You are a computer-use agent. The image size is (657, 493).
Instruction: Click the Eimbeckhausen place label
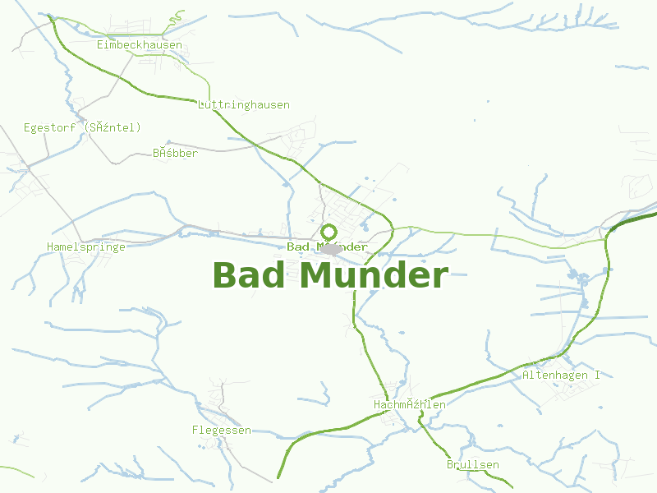tap(140, 45)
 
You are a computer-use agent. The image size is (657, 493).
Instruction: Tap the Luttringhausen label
tap(244, 105)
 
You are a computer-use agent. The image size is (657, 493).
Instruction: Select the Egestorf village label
tap(82, 127)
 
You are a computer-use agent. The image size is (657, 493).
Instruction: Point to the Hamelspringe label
tap(86, 246)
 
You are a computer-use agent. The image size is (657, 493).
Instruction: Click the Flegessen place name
tap(222, 431)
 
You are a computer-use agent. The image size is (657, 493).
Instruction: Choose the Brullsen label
tap(473, 465)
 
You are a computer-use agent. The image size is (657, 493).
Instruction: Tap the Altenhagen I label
tap(562, 375)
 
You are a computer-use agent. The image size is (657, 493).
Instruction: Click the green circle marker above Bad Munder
tap(328, 232)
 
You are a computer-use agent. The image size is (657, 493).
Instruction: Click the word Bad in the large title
tap(250, 275)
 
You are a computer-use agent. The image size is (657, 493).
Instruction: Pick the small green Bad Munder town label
tap(327, 247)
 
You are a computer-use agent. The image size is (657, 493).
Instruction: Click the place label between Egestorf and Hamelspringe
tap(176, 153)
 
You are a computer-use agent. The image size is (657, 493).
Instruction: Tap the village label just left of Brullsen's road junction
tap(409, 405)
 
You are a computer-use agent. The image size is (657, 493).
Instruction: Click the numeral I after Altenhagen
tap(597, 375)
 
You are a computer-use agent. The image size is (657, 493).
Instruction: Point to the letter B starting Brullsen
tap(450, 465)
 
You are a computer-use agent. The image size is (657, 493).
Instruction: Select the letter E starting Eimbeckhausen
tap(100, 45)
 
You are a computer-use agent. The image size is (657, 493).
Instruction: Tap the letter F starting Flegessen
tap(195, 431)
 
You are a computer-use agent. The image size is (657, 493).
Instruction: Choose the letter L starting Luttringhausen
tap(201, 105)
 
